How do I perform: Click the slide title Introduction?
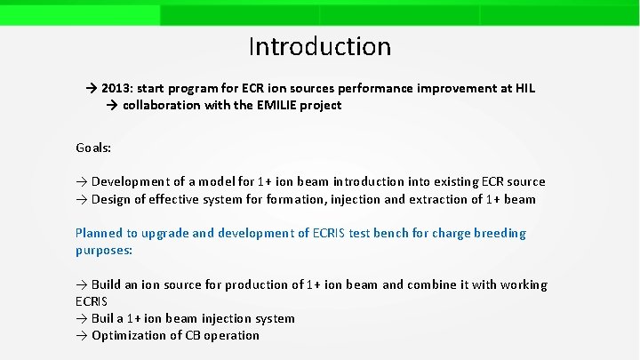(x=319, y=46)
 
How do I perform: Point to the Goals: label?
(x=93, y=148)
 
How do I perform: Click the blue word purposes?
(x=104, y=251)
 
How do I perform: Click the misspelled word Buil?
(x=105, y=318)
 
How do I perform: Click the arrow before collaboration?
(x=113, y=105)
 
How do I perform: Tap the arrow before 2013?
(x=92, y=89)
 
